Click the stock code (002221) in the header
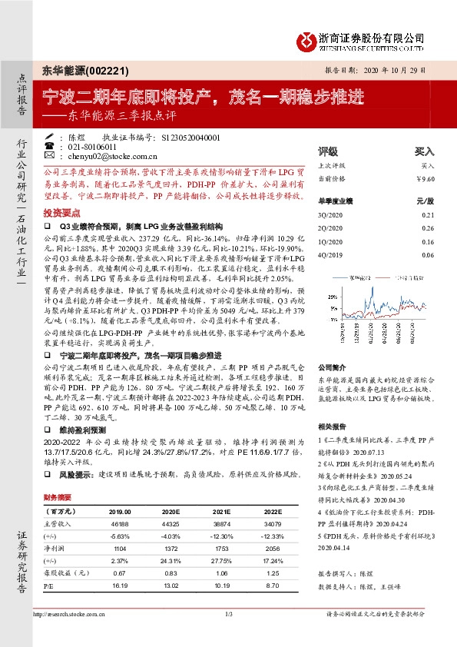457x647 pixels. coord(91,69)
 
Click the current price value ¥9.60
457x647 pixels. coord(425,178)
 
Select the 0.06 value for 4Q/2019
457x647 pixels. coord(429,254)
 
